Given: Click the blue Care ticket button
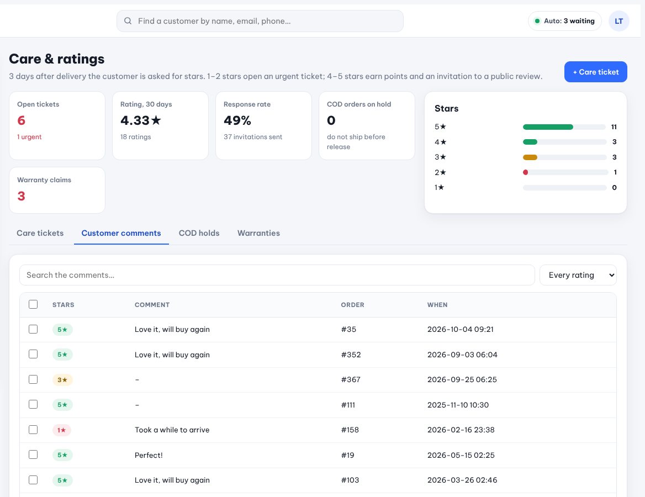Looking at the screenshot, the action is (x=595, y=72).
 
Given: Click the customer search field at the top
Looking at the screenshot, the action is (x=260, y=21).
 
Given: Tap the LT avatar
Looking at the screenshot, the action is (x=618, y=21).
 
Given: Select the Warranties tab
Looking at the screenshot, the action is (x=258, y=233).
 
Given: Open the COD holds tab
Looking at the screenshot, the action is (x=199, y=233).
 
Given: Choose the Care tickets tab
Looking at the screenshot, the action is (x=40, y=233).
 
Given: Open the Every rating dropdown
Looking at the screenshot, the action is (x=578, y=275).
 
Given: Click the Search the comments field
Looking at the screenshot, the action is (x=277, y=275).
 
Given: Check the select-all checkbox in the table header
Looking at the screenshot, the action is (x=33, y=304).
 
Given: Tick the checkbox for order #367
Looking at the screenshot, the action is (x=33, y=379).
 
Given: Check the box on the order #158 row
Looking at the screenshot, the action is (x=33, y=430).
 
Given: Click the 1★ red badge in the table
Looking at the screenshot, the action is (x=62, y=430).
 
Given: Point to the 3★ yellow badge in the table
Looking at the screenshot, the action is (x=62, y=380).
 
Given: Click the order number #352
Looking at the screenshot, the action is (x=351, y=355).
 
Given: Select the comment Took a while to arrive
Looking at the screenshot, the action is (x=172, y=430).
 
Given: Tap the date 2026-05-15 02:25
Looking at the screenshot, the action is (x=461, y=455).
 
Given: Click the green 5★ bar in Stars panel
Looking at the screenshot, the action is (x=548, y=126).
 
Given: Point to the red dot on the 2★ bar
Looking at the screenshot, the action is (x=525, y=172).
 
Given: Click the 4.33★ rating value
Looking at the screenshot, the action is (x=141, y=120).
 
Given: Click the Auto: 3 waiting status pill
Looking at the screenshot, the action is (x=564, y=21).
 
